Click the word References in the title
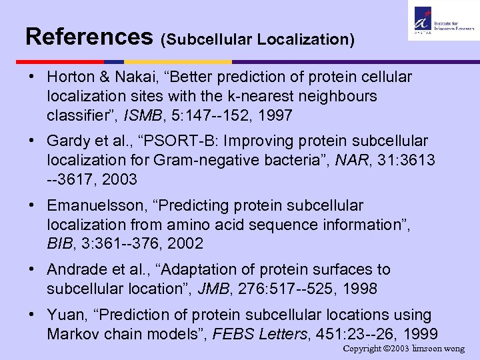click(89, 36)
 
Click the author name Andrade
click(77, 270)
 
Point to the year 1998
click(357, 289)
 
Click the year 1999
click(417, 334)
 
